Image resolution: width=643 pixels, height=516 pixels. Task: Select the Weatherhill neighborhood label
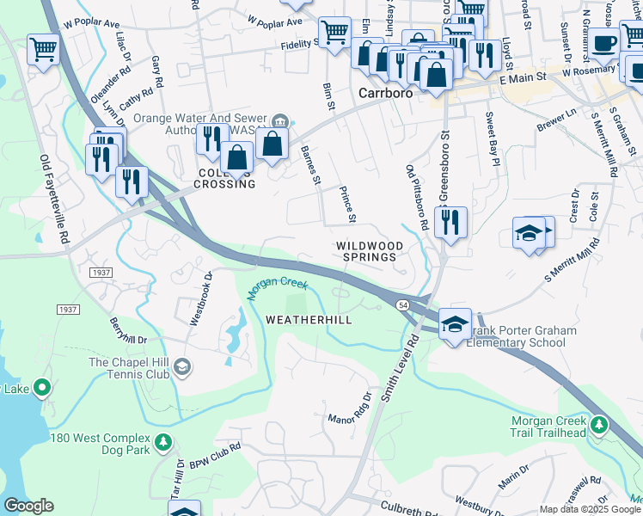[x=309, y=319]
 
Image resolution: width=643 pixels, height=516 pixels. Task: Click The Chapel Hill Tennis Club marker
[x=182, y=368]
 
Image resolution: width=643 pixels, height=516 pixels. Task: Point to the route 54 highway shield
[x=401, y=305]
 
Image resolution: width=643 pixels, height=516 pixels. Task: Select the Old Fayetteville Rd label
[x=54, y=200]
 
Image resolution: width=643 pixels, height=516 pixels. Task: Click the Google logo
[x=28, y=506]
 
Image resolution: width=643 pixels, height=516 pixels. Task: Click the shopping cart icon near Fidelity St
[x=334, y=33]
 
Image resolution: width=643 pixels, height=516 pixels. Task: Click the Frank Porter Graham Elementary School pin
[x=455, y=324]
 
